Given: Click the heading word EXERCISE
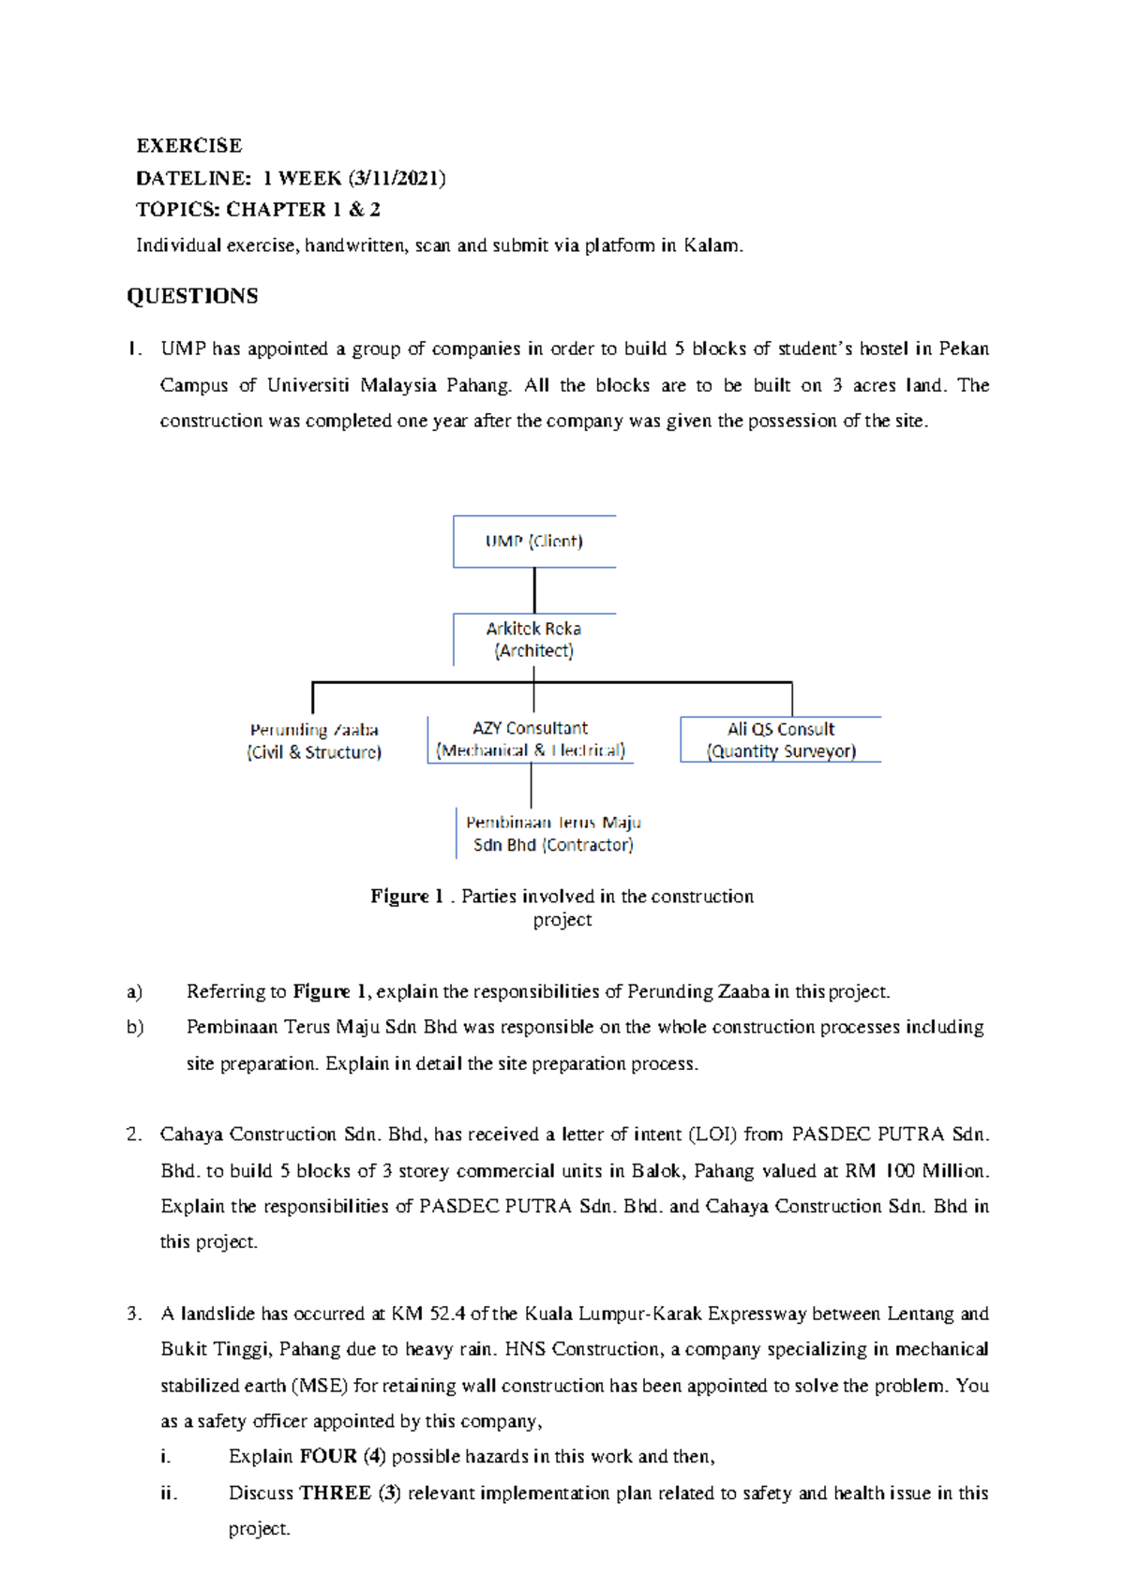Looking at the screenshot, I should coord(188,145).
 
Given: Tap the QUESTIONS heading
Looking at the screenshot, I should coord(192,296).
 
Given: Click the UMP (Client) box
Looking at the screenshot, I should coord(533,542).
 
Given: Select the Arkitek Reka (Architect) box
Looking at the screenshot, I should coord(533,639).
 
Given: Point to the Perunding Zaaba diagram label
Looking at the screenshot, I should coord(314,740).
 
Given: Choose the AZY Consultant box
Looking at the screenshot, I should coord(530,739).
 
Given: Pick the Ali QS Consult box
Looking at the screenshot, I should coord(780,739).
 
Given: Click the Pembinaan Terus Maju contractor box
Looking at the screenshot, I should coord(552,833).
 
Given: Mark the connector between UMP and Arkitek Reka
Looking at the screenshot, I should coord(534,590).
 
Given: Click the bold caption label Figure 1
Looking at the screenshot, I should coord(406,897).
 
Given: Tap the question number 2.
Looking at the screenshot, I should coord(134,1135).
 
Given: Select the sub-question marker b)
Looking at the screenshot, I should coord(135,1027).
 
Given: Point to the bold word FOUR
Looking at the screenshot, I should coord(328,1457).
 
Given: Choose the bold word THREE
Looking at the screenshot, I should coord(336,1492).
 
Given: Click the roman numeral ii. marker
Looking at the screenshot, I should coord(169,1492).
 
